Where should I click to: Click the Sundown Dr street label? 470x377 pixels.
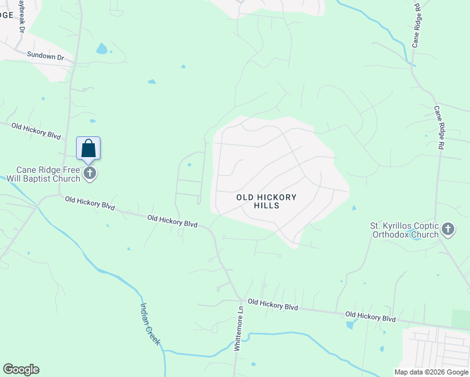46,56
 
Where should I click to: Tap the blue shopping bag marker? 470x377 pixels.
89,149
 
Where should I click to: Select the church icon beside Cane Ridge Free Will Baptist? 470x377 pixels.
90,173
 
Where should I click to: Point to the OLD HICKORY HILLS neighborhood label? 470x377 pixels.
266,201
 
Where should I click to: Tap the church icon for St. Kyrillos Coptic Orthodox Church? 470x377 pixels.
448,229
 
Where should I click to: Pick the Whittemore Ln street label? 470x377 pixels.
238,329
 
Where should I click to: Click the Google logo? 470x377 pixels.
21,369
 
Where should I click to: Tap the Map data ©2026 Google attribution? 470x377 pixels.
432,372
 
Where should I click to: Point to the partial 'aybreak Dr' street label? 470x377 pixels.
21,16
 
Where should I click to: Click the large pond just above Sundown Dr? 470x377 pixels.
101,48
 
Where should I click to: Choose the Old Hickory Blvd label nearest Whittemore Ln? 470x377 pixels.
272,304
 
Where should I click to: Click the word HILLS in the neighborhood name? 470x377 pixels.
266,206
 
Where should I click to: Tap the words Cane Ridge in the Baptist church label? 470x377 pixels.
40,169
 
